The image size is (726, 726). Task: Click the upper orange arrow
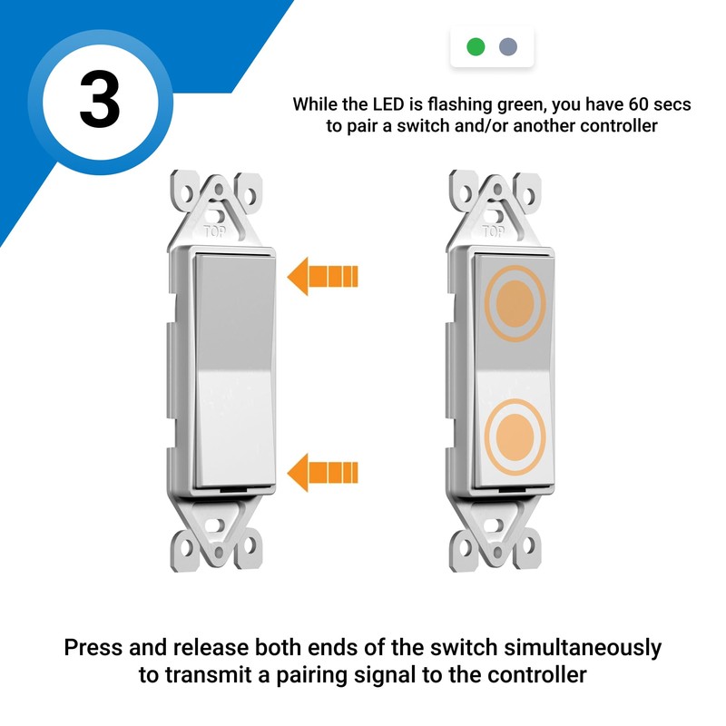(323, 275)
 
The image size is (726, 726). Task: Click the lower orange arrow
(323, 471)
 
